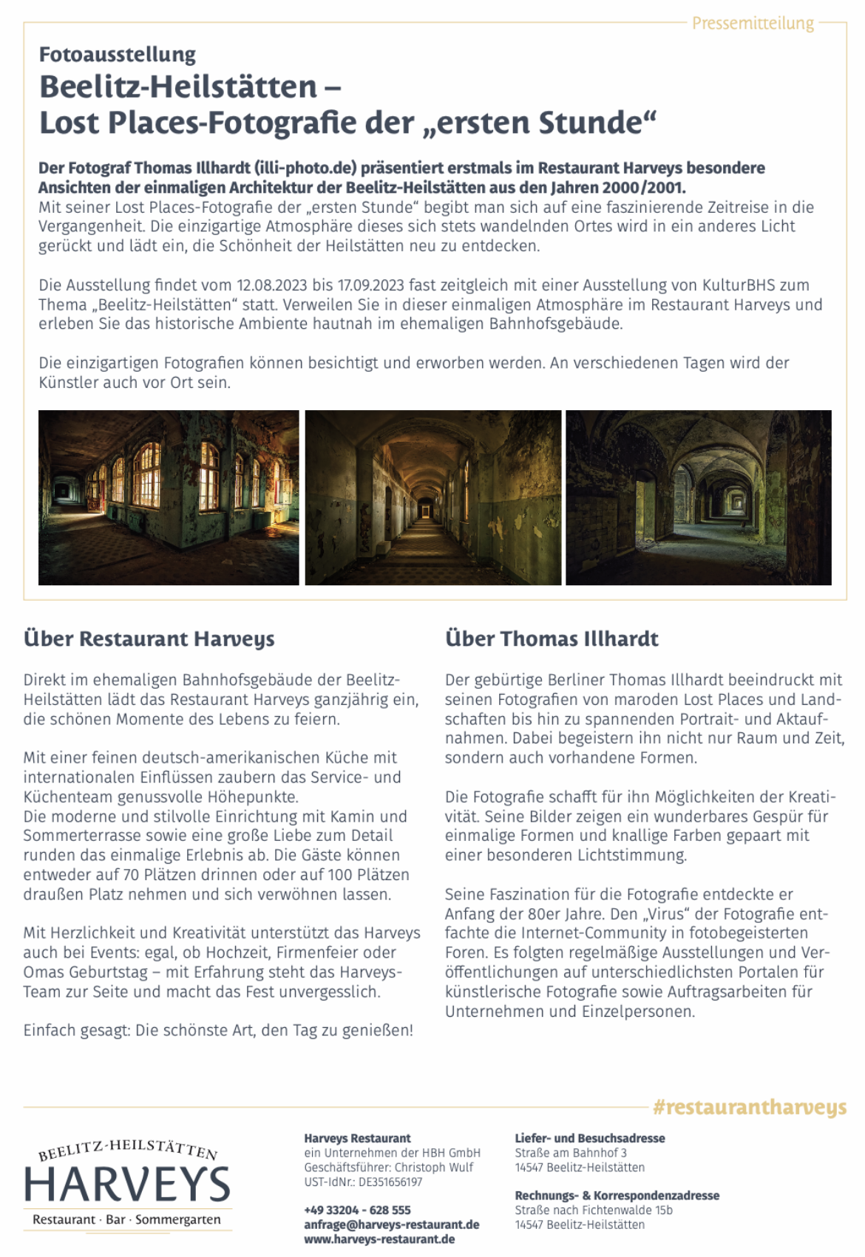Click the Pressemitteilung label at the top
[x=753, y=24]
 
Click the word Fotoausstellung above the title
[x=118, y=55]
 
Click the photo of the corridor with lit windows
[x=169, y=497]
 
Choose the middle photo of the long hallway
[x=433, y=497]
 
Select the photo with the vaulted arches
[x=699, y=497]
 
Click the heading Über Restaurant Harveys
[x=149, y=638]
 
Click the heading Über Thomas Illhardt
[x=552, y=638]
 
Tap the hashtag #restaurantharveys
[x=750, y=1107]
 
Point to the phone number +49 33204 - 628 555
[x=357, y=1210]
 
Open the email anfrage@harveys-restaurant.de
[x=392, y=1224]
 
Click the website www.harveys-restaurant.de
[x=379, y=1239]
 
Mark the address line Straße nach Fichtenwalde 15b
[x=594, y=1210]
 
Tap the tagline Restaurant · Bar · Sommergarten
[x=126, y=1219]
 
